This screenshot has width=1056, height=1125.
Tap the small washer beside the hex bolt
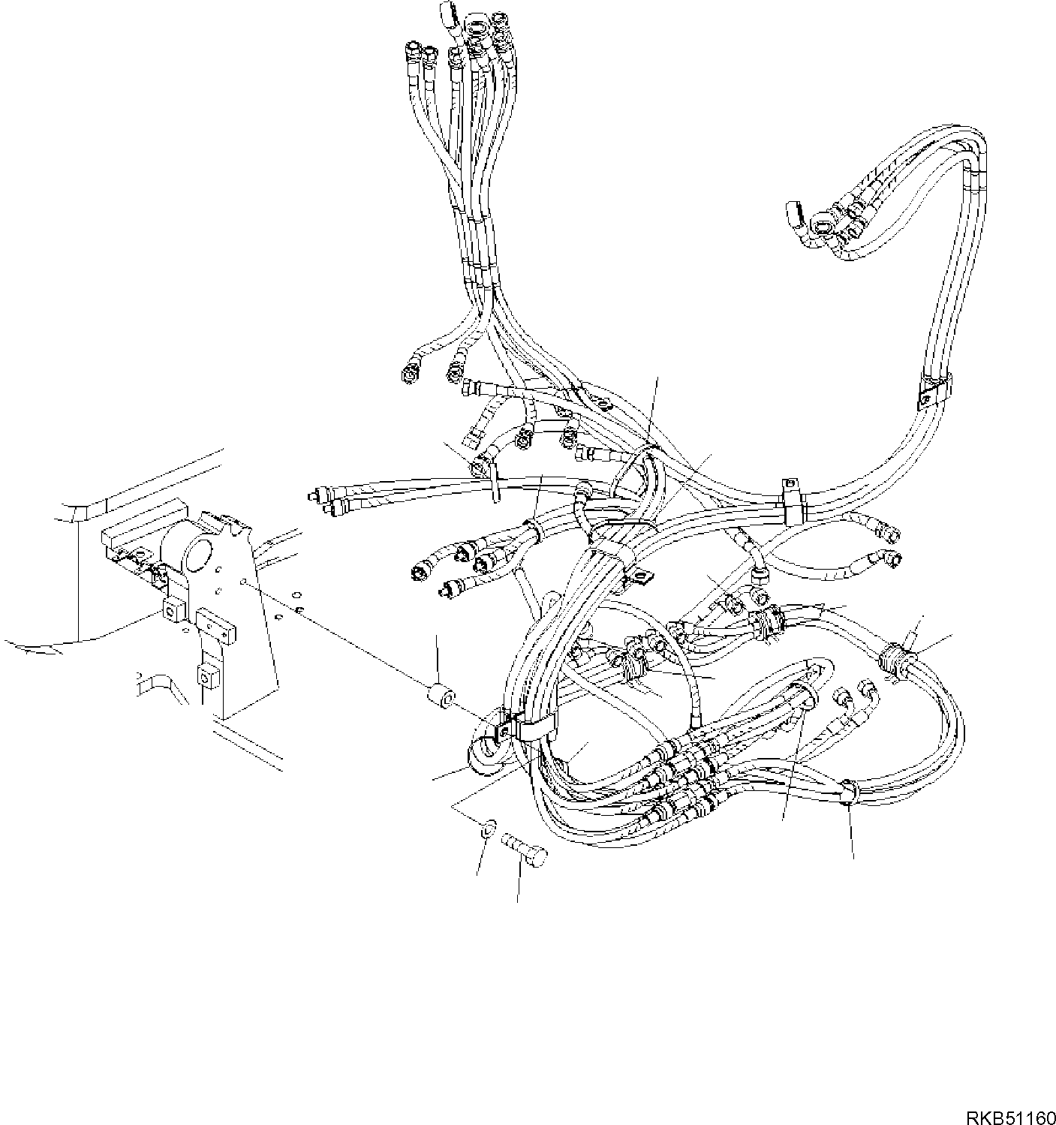[x=489, y=828]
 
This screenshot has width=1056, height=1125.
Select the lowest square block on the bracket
[x=208, y=675]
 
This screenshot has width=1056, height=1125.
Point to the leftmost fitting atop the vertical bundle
[x=412, y=53]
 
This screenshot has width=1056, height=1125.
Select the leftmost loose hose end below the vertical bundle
[x=410, y=373]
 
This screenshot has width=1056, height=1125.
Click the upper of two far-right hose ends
[x=890, y=534]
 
